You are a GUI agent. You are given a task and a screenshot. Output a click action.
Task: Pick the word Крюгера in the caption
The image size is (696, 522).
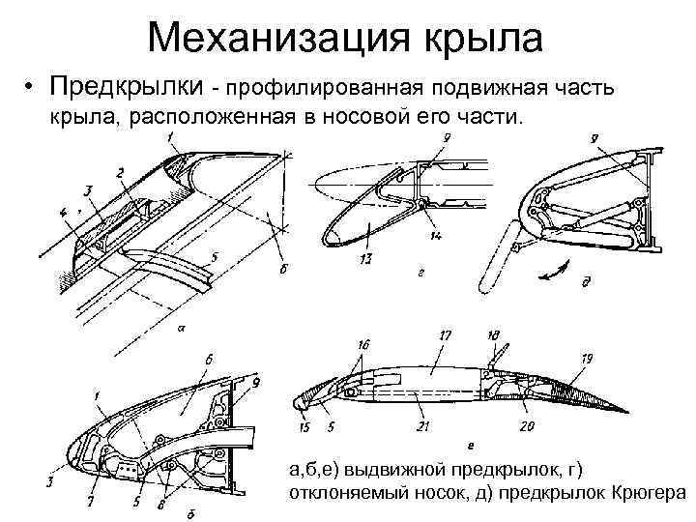click(649, 493)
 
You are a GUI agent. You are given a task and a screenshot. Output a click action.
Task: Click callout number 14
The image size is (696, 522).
click(438, 235)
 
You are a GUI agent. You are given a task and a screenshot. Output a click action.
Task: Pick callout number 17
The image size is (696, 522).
click(446, 334)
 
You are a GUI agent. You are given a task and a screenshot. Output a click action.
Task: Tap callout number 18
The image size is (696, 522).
click(494, 334)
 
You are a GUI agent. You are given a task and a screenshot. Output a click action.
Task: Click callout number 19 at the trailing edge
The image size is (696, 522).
click(587, 358)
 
